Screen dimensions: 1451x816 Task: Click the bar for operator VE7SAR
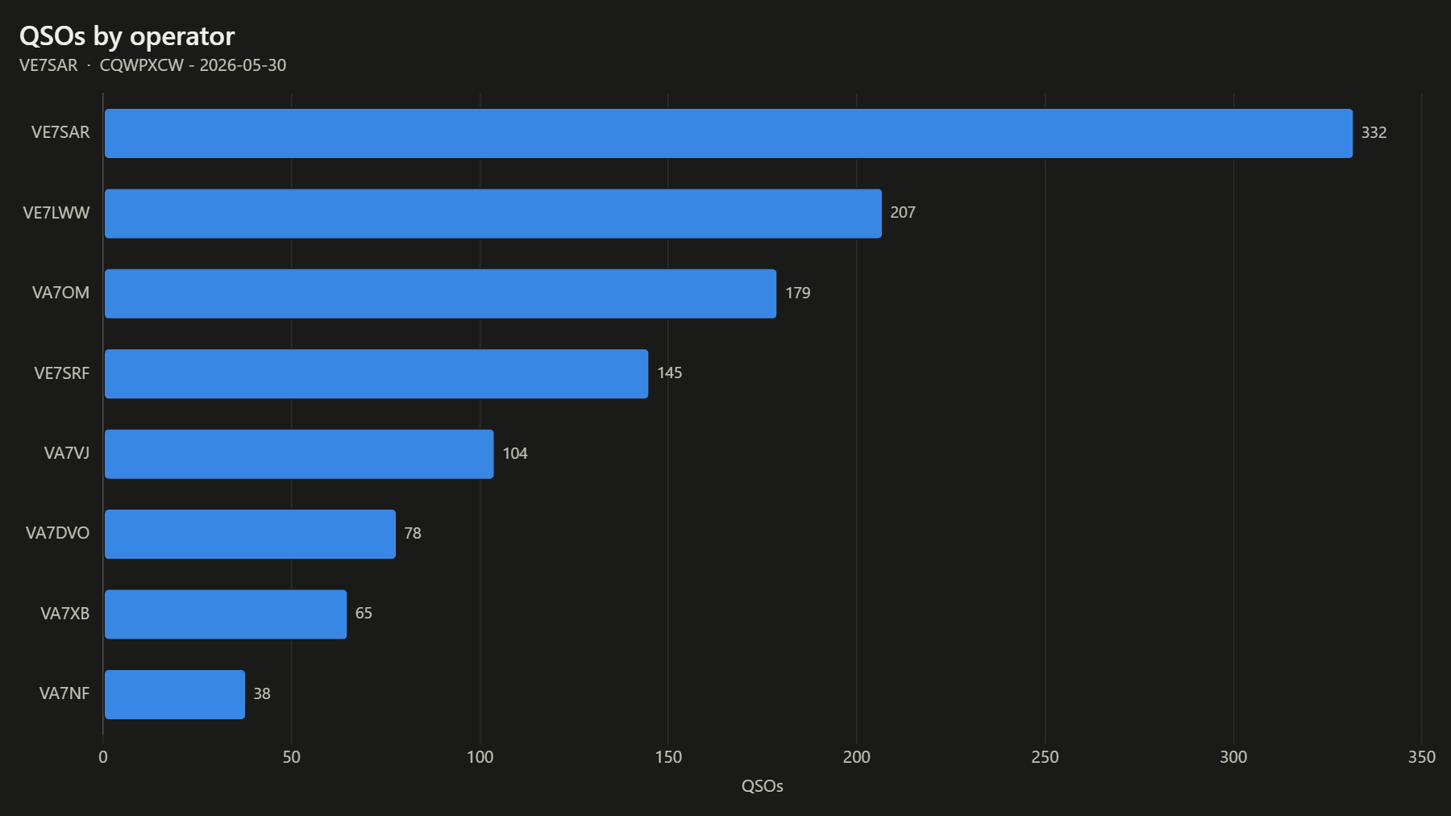click(729, 133)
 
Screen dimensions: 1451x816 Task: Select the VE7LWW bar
click(493, 214)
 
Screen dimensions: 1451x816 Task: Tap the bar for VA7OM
click(440, 294)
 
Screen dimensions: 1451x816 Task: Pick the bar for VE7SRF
click(376, 373)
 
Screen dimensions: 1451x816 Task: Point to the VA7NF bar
click(175, 694)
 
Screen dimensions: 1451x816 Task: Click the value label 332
click(1374, 133)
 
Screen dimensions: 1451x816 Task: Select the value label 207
click(903, 213)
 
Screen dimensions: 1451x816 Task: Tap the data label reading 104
click(515, 454)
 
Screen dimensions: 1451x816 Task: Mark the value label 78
click(413, 534)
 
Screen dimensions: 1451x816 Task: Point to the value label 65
click(364, 614)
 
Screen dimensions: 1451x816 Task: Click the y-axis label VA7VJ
click(67, 453)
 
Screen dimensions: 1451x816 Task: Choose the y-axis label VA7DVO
click(58, 533)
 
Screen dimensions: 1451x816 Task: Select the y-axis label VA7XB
click(65, 614)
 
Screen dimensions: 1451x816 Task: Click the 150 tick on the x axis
click(668, 757)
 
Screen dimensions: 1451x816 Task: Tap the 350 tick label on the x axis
click(1422, 757)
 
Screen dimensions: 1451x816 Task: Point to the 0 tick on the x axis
click(103, 757)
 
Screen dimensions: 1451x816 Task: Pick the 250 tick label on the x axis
click(1045, 757)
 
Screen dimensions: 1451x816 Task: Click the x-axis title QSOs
click(763, 786)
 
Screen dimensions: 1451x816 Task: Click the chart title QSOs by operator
click(127, 37)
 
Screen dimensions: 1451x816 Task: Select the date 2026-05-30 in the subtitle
click(243, 65)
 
